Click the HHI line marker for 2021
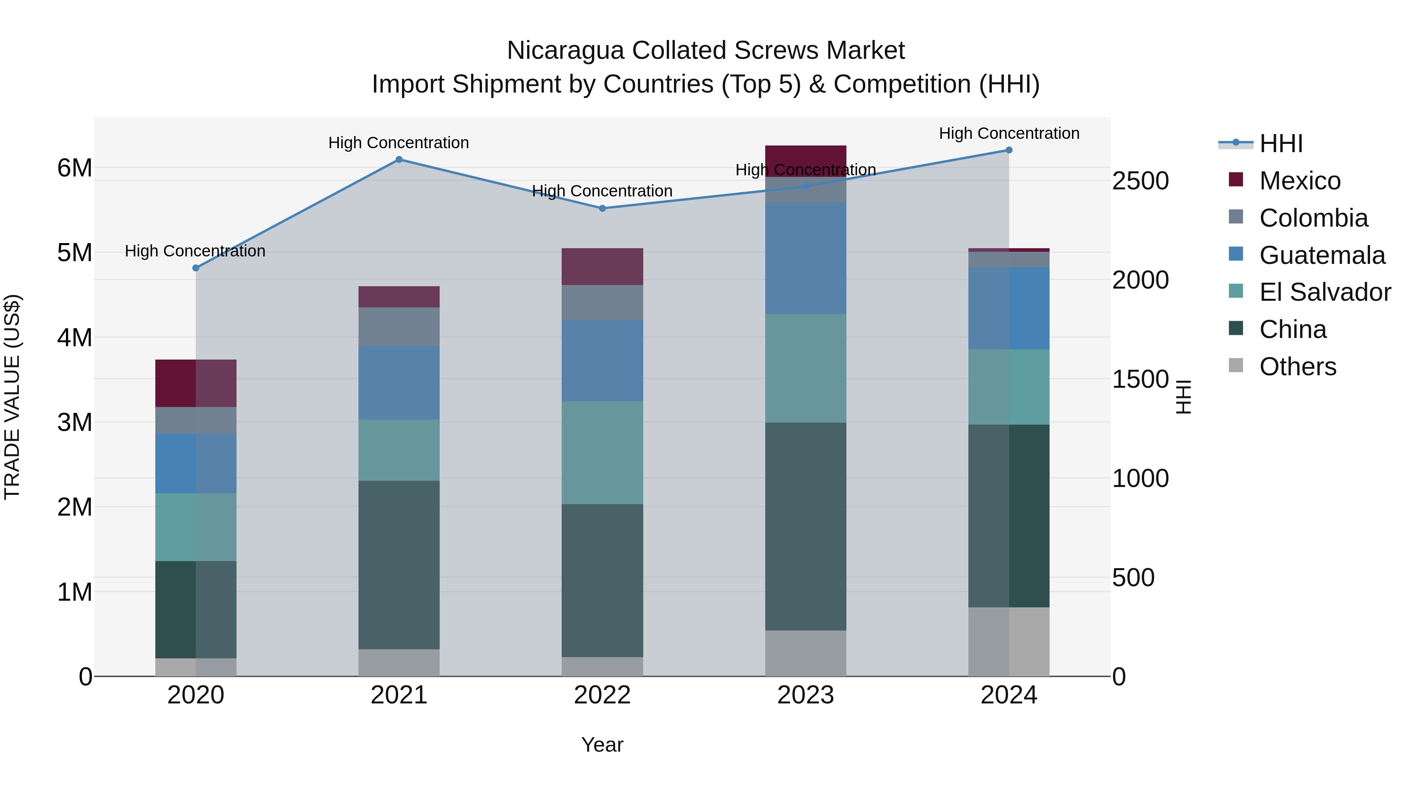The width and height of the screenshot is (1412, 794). click(398, 160)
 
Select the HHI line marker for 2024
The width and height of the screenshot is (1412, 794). click(1008, 150)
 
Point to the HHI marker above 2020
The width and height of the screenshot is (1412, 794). click(196, 268)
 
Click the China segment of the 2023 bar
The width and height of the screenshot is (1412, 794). click(805, 526)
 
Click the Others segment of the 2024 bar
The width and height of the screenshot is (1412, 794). click(1008, 641)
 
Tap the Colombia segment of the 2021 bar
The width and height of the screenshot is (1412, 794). click(398, 327)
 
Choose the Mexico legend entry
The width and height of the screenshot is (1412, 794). click(1299, 181)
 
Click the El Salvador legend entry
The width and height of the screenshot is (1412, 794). click(1324, 292)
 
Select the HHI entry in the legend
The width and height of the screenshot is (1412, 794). click(1281, 144)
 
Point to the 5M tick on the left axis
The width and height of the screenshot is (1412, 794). click(75, 253)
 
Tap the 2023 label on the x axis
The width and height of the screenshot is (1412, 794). click(805, 695)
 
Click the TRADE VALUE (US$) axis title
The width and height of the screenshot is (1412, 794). click(12, 397)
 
